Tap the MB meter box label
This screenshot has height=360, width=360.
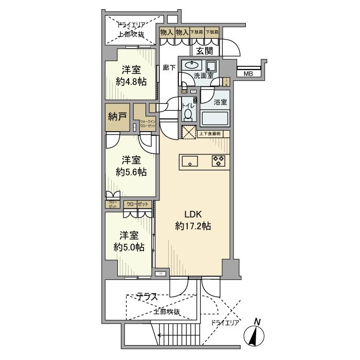pyautogui.click(x=248, y=74)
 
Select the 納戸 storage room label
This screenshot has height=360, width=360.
pyautogui.click(x=117, y=117)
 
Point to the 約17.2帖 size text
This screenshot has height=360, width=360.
pyautogui.click(x=193, y=226)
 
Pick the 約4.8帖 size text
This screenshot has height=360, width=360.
pyautogui.click(x=130, y=81)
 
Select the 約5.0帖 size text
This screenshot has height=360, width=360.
pyautogui.click(x=129, y=247)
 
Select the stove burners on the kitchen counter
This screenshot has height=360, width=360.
pyautogui.click(x=218, y=161)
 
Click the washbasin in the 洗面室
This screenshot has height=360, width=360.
pyautogui.click(x=192, y=65)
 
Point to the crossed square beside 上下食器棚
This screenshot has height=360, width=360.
pyautogui.click(x=188, y=132)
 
